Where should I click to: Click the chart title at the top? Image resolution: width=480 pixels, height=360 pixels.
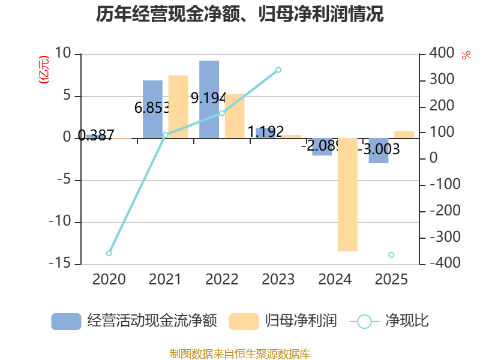click(x=240, y=14)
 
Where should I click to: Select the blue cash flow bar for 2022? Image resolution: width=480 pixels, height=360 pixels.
click(x=209, y=100)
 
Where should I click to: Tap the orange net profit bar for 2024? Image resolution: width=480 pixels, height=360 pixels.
click(x=347, y=195)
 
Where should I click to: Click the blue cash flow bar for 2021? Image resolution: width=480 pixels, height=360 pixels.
click(x=152, y=109)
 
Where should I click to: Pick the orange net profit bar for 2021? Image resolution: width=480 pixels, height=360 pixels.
click(x=178, y=107)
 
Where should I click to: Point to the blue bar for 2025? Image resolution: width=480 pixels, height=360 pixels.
click(x=379, y=151)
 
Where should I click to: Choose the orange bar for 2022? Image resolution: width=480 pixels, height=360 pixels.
click(x=235, y=116)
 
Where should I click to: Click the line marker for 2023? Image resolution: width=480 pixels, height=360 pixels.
click(x=278, y=70)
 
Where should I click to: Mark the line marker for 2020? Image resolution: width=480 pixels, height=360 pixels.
click(x=109, y=253)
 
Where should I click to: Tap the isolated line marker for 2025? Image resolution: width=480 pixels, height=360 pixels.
click(x=391, y=255)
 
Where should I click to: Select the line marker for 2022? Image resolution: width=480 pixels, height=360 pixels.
click(x=221, y=113)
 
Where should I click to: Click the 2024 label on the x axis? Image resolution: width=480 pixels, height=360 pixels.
click(x=335, y=279)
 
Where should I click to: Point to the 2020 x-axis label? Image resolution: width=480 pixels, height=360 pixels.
click(x=109, y=279)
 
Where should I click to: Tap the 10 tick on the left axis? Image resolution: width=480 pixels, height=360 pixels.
click(x=63, y=53)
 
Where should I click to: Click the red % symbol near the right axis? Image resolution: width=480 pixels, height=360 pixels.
click(x=466, y=55)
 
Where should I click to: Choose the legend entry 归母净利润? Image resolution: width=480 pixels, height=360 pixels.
click(x=283, y=321)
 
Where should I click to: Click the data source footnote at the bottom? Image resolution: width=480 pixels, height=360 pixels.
click(x=240, y=353)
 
